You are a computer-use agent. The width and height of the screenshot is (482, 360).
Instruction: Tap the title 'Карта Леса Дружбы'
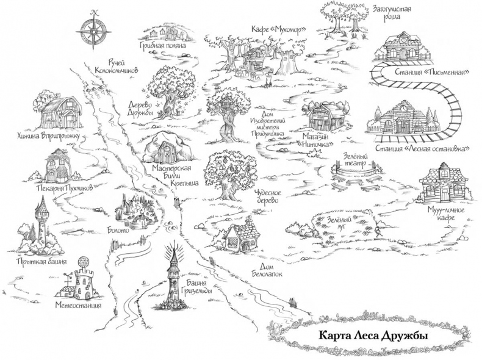click(x=370, y=335)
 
